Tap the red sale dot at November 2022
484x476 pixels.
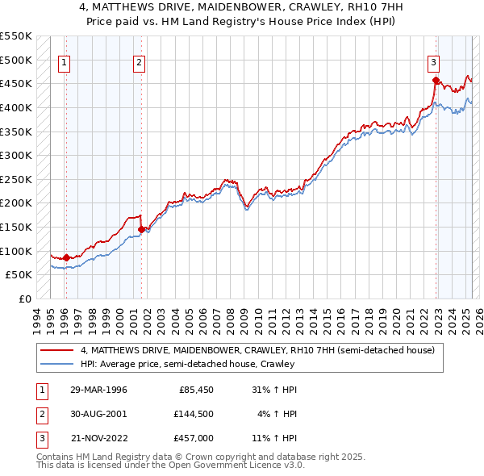point(436,80)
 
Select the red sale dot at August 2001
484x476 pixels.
point(141,229)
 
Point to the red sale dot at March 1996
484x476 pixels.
point(66,257)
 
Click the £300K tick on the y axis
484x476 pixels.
point(16,155)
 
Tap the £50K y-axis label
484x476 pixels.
point(19,275)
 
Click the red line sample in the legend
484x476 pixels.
point(56,350)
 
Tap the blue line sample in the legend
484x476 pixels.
point(56,365)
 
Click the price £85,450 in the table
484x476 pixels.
point(197,390)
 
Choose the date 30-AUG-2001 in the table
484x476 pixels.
point(100,414)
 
